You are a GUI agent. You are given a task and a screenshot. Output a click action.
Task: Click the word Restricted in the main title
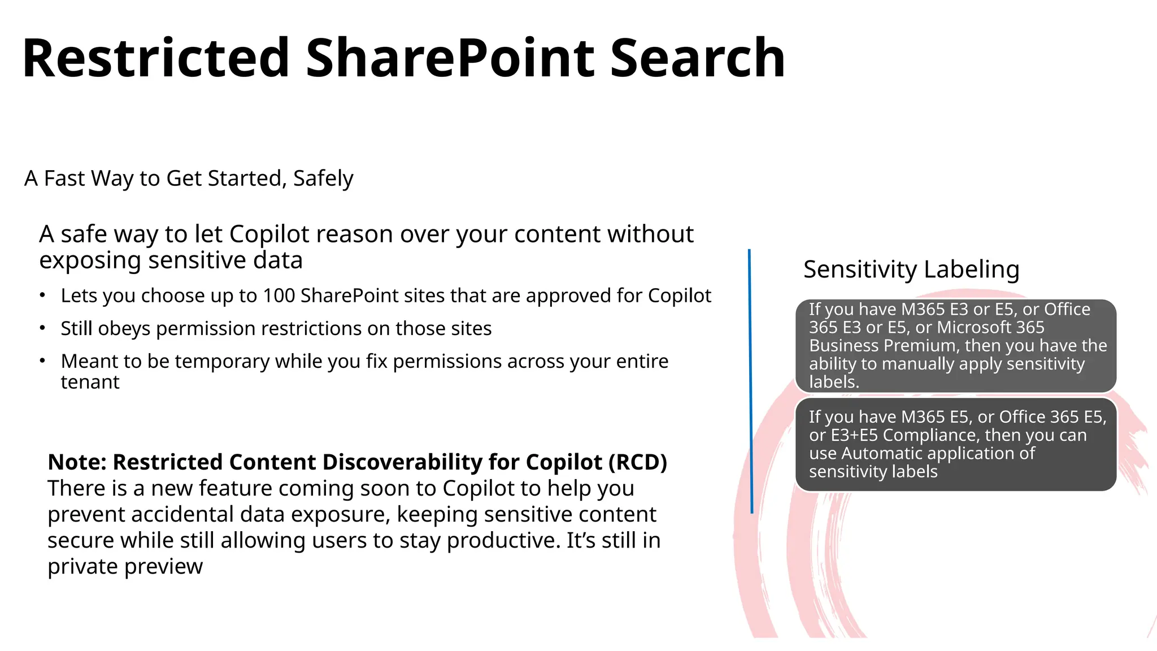pyautogui.click(x=156, y=58)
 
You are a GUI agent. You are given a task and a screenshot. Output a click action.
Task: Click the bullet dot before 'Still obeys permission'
pyautogui.click(x=42, y=328)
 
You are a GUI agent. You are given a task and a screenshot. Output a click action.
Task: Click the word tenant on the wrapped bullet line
pyautogui.click(x=90, y=383)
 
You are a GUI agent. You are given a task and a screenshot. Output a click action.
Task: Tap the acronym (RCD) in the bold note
pyautogui.click(x=638, y=462)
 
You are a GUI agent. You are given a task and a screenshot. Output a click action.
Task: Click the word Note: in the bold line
pyautogui.click(x=77, y=462)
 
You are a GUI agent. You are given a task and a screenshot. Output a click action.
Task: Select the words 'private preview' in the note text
pyautogui.click(x=125, y=566)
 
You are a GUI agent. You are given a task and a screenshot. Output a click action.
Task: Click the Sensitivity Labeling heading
pyautogui.click(x=911, y=270)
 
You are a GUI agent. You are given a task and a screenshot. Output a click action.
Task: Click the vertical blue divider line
pyautogui.click(x=750, y=381)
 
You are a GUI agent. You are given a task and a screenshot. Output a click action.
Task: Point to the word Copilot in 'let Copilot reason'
pyautogui.click(x=269, y=235)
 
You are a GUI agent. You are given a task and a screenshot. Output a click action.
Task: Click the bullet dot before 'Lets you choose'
pyautogui.click(x=42, y=295)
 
